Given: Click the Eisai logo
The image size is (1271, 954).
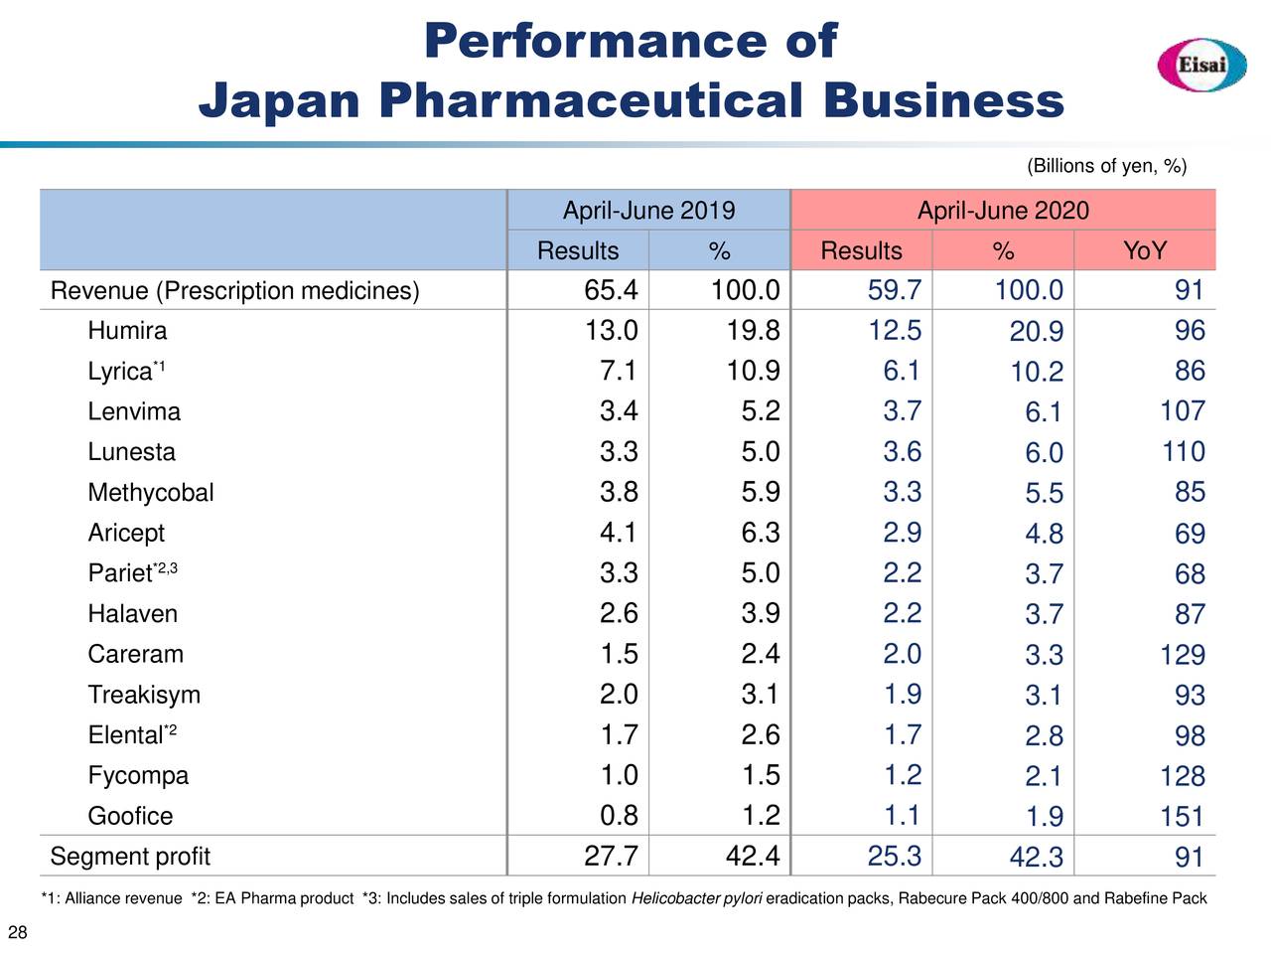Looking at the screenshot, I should [x=1202, y=65].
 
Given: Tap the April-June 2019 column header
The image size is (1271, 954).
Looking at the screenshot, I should [x=648, y=211].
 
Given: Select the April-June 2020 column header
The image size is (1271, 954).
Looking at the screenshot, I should [x=1003, y=211].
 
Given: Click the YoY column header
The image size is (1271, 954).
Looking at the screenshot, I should [x=1144, y=250].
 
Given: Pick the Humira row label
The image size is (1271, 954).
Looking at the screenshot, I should [x=127, y=331].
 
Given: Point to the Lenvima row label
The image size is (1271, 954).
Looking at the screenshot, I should [x=134, y=411].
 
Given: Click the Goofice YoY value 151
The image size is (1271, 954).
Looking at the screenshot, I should [x=1182, y=817].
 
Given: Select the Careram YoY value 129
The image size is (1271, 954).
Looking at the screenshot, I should [x=1182, y=655].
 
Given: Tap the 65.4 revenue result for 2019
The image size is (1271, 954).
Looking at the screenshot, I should [x=611, y=290].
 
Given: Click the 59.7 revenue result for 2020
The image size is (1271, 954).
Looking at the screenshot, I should [x=895, y=290].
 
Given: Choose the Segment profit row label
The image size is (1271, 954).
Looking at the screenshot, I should [x=130, y=857].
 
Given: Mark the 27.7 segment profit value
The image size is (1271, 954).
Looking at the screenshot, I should [x=611, y=857].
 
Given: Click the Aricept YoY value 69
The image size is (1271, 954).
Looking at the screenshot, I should [x=1190, y=534].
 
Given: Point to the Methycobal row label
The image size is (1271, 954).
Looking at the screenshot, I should [x=151, y=493].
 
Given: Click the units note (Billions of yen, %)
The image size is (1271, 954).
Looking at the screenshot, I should [x=1106, y=166].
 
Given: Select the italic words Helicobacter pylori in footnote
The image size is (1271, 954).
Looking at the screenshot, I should [x=696, y=899].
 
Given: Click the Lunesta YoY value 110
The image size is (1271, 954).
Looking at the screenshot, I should [x=1184, y=452].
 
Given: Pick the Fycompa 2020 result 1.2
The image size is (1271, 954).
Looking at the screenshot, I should [x=902, y=775].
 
